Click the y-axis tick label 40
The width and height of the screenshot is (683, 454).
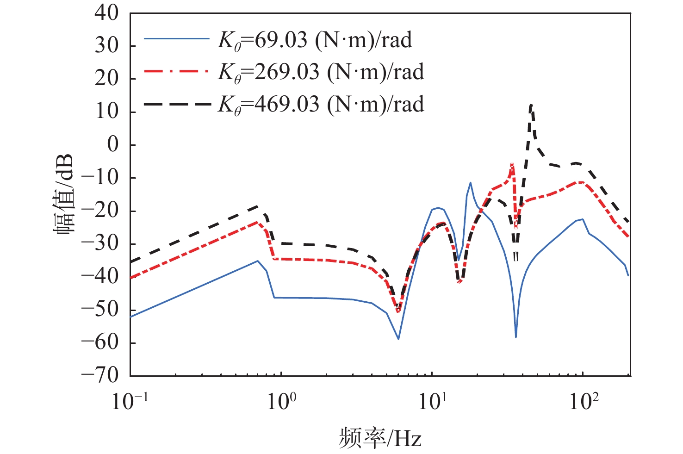[106, 12]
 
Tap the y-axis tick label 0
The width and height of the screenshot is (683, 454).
[112, 145]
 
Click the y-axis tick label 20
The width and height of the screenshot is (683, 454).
[106, 79]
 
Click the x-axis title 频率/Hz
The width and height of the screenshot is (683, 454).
[380, 437]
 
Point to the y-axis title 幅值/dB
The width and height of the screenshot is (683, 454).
[65, 194]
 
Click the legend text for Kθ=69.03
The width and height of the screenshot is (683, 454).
[315, 40]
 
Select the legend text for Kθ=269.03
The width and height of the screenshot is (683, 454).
[321, 72]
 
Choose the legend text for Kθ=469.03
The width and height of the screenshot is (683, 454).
[321, 105]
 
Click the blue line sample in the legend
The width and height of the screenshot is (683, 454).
[176, 39]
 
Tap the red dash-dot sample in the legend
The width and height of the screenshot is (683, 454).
[176, 72]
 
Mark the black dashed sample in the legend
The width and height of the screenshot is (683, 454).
[176, 104]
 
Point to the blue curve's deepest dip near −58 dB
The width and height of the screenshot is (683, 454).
[516, 337]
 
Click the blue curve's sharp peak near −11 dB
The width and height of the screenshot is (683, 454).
[470, 182]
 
